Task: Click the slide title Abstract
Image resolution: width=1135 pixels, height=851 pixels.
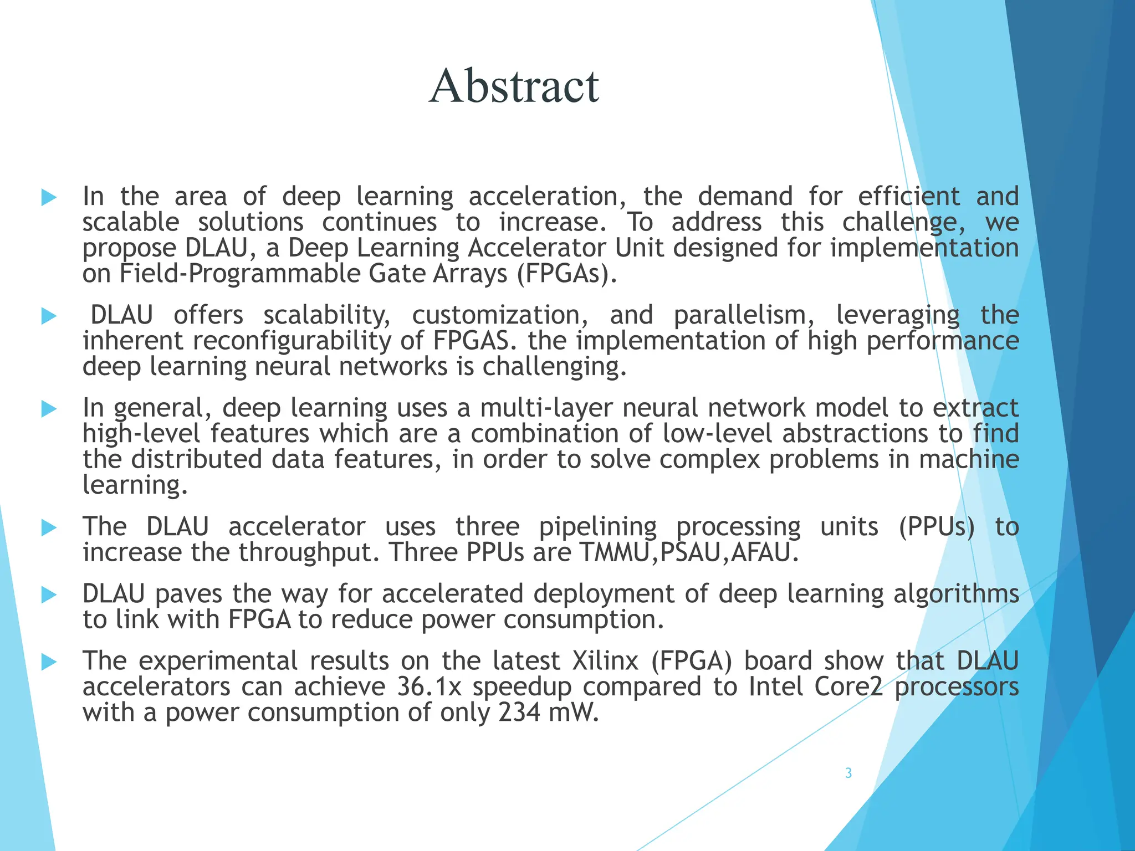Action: [x=514, y=86]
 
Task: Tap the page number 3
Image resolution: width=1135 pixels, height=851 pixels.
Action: [x=848, y=773]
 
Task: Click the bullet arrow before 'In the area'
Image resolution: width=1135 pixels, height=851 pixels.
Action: [x=49, y=197]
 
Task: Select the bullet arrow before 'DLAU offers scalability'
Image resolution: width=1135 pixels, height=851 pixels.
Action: [x=49, y=316]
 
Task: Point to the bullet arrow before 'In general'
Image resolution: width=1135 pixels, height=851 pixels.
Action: [x=49, y=409]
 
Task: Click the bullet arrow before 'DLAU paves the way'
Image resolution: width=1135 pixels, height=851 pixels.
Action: [x=49, y=595]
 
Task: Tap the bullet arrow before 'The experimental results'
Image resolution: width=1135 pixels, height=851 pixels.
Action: [x=49, y=662]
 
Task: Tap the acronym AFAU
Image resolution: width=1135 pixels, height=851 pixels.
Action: [x=765, y=552]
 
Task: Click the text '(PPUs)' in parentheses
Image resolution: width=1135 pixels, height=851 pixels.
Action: [x=937, y=526]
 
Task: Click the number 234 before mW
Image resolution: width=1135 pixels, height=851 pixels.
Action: [x=519, y=712]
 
